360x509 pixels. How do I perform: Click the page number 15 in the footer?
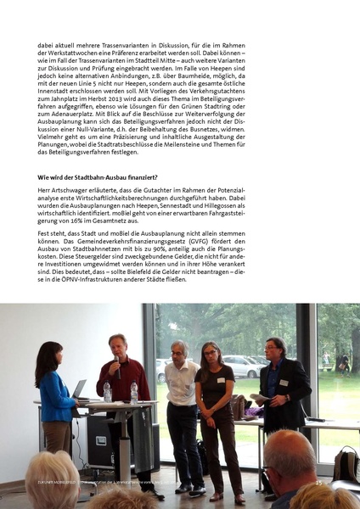point(318,483)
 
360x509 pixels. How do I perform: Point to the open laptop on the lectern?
point(81,389)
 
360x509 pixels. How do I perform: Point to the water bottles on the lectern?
point(120,392)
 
